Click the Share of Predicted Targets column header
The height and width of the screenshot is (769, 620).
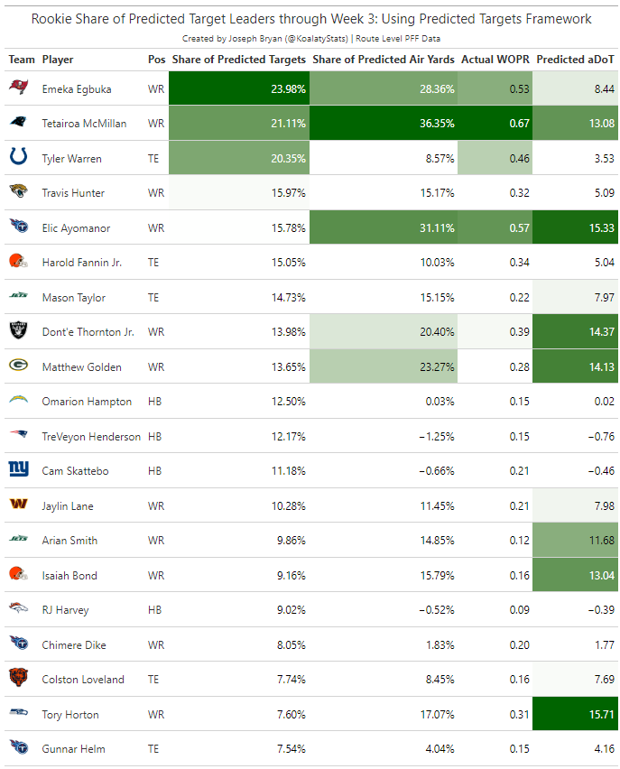238,60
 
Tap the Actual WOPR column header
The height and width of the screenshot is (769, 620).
495,60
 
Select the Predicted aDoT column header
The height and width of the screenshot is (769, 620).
575,60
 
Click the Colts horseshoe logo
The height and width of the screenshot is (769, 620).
18,158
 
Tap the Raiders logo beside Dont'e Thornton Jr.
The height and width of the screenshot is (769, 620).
18,331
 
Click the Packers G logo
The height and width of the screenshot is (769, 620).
18,366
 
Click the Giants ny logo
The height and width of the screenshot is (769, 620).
18,470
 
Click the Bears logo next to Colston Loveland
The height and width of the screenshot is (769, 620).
18,679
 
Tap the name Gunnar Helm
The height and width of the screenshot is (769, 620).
73,748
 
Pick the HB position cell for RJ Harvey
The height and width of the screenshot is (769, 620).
154,610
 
